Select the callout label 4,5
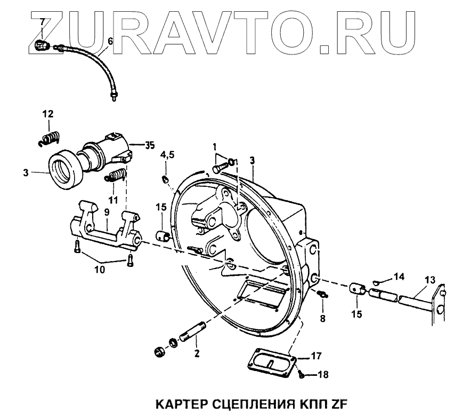(167, 155)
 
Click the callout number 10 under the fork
(100, 270)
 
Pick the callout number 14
(400, 276)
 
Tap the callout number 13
(429, 279)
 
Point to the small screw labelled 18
(301, 374)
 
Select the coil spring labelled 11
(117, 175)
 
